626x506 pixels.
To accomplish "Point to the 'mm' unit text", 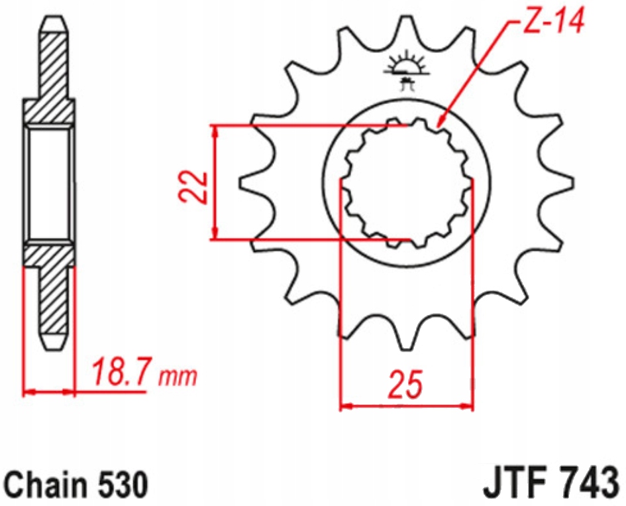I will (x=178, y=377).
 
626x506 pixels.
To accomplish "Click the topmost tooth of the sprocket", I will (x=405, y=30).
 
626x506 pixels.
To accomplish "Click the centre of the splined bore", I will (x=406, y=183).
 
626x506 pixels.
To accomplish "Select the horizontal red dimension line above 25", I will (x=406, y=405).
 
